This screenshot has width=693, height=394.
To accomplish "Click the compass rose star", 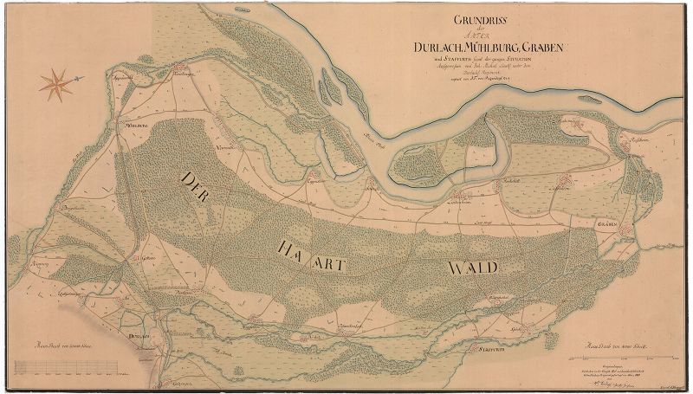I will click(x=58, y=84).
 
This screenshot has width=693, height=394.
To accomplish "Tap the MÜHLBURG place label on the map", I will click(x=139, y=126).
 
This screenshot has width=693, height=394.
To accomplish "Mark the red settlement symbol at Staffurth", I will click(x=489, y=339).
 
